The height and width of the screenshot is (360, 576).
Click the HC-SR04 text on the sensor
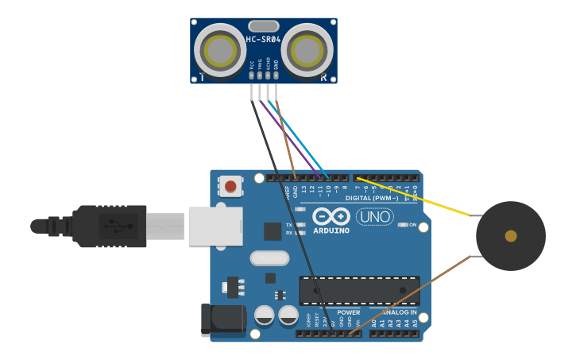click(x=263, y=40)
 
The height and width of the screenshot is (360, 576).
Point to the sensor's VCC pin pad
click(x=251, y=75)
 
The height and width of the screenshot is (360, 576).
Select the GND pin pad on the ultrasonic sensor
click(x=276, y=75)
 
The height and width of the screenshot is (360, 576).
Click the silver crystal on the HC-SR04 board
click(x=263, y=26)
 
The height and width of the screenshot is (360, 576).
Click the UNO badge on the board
click(x=375, y=216)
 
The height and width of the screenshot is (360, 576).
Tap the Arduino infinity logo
click(x=331, y=216)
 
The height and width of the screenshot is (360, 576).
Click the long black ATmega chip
click(x=359, y=291)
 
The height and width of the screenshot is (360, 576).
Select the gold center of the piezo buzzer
click(x=511, y=236)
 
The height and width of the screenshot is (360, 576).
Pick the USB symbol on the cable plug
click(x=114, y=226)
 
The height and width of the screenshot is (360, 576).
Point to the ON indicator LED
click(x=402, y=225)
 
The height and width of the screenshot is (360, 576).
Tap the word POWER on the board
click(x=349, y=312)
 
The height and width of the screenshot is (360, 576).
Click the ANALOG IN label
click(x=399, y=312)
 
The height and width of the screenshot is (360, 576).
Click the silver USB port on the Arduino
click(x=215, y=226)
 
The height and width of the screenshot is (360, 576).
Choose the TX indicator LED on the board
click(x=300, y=225)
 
